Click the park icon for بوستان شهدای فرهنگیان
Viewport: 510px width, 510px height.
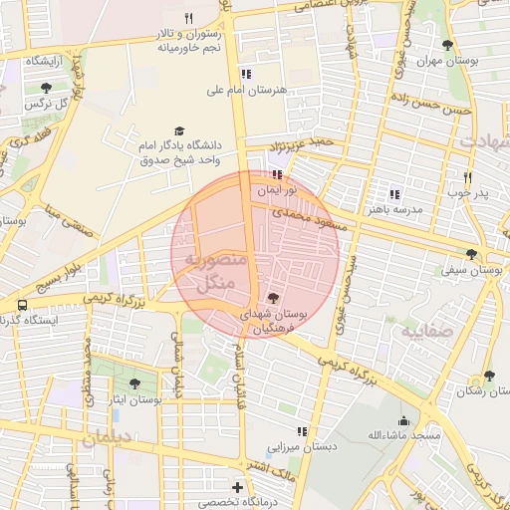click(x=274, y=298)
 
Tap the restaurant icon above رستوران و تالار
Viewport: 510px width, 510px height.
click(x=188, y=17)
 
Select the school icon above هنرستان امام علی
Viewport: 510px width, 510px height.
click(x=246, y=74)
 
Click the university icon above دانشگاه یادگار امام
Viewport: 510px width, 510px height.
click(x=179, y=130)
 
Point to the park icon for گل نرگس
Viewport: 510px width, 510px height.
click(x=46, y=89)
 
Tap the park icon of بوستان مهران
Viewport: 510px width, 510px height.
click(x=447, y=45)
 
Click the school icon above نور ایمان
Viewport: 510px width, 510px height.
click(x=263, y=174)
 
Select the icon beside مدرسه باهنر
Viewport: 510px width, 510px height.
click(x=394, y=195)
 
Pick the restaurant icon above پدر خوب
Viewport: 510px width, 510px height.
click(x=466, y=178)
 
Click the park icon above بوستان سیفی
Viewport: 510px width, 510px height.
click(x=471, y=254)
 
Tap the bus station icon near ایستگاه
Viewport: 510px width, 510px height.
click(x=21, y=304)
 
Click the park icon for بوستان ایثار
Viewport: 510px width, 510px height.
click(x=134, y=383)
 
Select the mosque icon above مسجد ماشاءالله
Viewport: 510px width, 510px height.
click(x=403, y=420)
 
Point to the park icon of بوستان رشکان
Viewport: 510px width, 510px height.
click(x=488, y=376)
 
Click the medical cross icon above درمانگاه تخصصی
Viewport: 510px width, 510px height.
click(x=236, y=487)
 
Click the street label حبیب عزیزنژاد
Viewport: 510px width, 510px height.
click(x=305, y=145)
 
